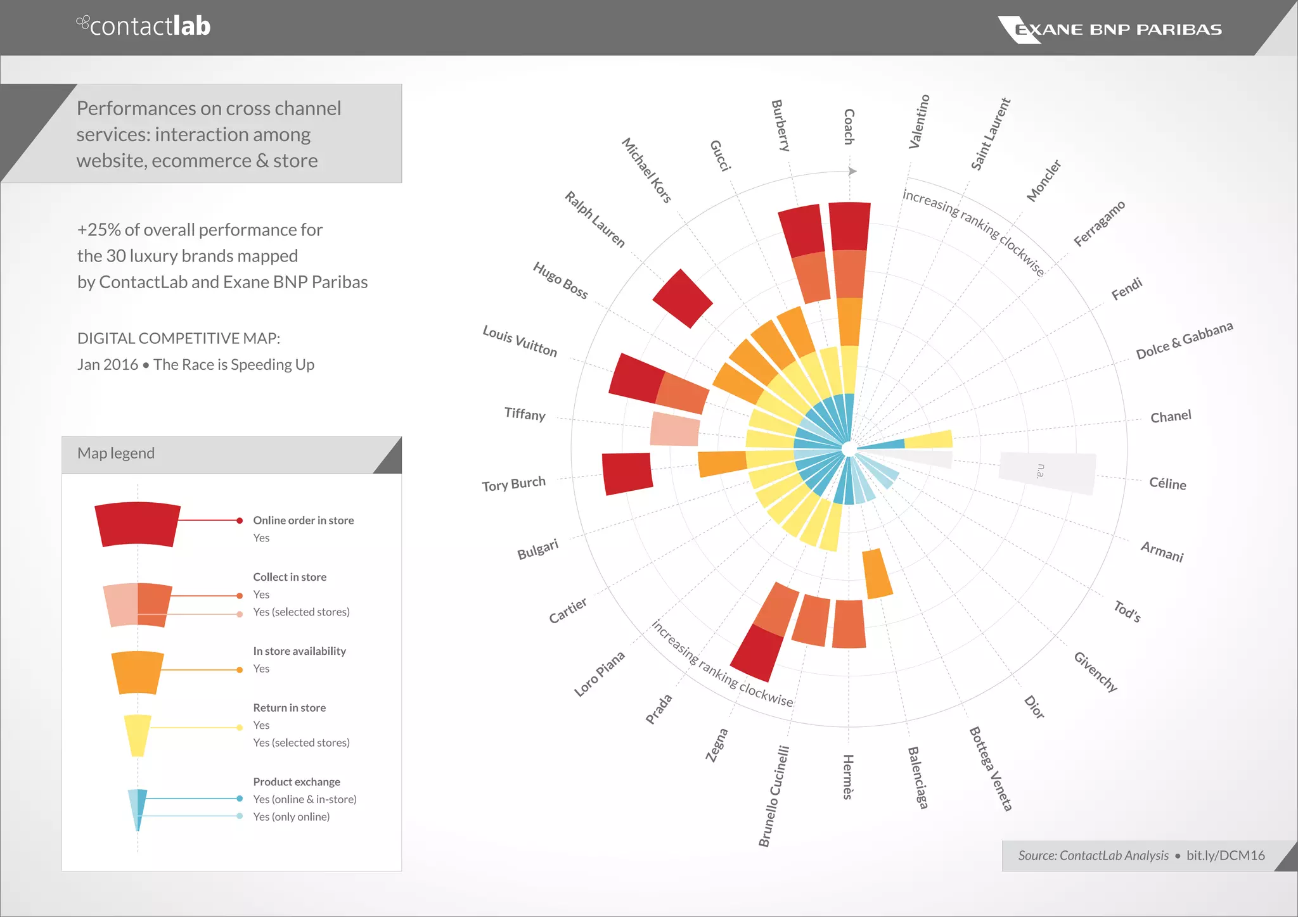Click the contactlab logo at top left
[144, 26]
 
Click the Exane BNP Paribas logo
[1110, 29]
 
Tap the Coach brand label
[849, 127]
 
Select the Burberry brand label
[781, 125]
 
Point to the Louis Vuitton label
[520, 341]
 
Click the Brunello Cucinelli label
[774, 796]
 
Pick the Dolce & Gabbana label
[1184, 340]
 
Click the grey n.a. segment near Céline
[1047, 472]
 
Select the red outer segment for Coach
[849, 226]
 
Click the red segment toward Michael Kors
[683, 298]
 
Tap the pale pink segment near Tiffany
[675, 429]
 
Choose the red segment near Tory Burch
[626, 473]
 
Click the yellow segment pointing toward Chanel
[929, 439]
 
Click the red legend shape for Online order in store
[138, 524]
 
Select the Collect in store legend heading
[290, 577]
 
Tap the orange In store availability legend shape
[138, 672]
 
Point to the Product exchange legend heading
[296, 781]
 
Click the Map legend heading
[116, 453]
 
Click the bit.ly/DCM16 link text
[1225, 856]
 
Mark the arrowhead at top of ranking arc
[852, 171]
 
